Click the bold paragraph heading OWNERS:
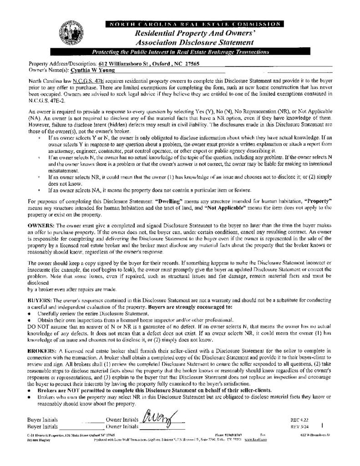pyautogui.click(x=41, y=226)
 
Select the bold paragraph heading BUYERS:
pyautogui.click(x=40, y=301)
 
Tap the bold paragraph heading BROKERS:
pyautogui.click(x=42, y=351)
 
